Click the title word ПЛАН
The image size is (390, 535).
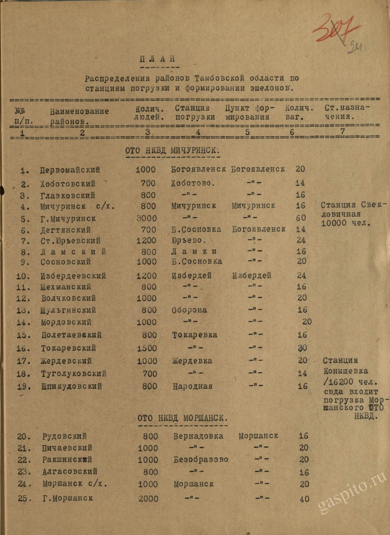[x=158, y=59]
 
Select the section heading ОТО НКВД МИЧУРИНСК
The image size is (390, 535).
[x=172, y=150]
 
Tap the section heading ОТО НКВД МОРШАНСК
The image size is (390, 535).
[x=182, y=418]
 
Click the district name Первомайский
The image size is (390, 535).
[x=70, y=170]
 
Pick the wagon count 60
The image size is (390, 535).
[x=301, y=217]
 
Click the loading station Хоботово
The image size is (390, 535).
[x=193, y=183]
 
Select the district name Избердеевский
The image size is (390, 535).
[x=73, y=276]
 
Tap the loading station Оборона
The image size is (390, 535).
[x=189, y=310]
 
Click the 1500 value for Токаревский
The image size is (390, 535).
[x=147, y=348]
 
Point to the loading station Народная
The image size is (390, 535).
[x=192, y=386]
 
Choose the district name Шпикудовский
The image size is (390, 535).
[x=72, y=386]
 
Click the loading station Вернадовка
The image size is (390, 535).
[x=198, y=436]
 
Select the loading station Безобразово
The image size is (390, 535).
[x=201, y=459]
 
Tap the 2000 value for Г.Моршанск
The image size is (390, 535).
[x=148, y=499]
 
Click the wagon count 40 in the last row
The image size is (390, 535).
[x=304, y=499]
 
